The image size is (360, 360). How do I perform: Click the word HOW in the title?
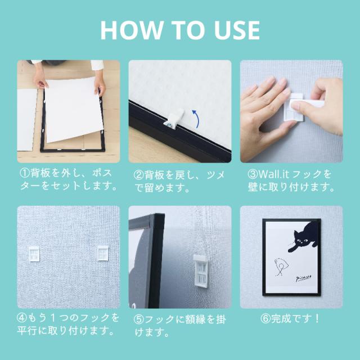coord(131,30)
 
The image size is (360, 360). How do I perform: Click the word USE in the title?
coord(237,30)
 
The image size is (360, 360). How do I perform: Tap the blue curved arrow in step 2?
coord(196,118)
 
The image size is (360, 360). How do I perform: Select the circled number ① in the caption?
coord(24,173)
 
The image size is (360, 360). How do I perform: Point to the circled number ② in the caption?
coord(138,175)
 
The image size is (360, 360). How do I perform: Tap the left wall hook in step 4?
coord(34,254)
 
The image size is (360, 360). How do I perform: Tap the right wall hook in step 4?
coord(102,253)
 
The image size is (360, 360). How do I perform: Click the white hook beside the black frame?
coord(201,271)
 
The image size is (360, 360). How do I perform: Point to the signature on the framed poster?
coord(303,278)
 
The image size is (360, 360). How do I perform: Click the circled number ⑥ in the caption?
coord(265,319)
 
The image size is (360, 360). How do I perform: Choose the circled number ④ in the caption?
coord(22,318)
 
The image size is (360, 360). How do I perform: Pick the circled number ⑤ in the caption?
coord(138,319)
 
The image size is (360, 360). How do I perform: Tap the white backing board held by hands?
coord(74,110)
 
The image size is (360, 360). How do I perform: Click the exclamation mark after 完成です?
coord(317,319)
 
